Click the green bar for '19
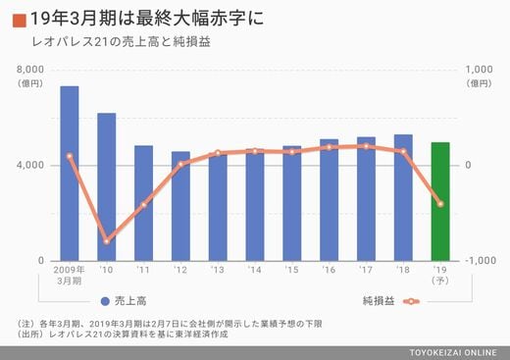(440, 201)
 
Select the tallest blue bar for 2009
(70, 174)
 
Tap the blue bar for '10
(107, 186)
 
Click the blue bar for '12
(180, 206)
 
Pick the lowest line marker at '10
(107, 241)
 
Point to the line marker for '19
(440, 204)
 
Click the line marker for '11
(144, 205)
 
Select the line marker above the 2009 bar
(70, 156)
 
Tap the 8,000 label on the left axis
(30, 70)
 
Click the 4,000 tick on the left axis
(30, 165)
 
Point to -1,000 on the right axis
(481, 261)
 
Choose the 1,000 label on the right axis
(479, 70)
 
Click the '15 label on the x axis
(291, 270)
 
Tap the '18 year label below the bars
(403, 270)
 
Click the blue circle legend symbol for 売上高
(105, 301)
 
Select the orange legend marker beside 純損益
(411, 301)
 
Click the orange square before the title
(20, 21)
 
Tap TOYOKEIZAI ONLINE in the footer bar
(453, 353)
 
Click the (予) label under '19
(440, 281)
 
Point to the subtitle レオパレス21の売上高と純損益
(121, 42)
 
